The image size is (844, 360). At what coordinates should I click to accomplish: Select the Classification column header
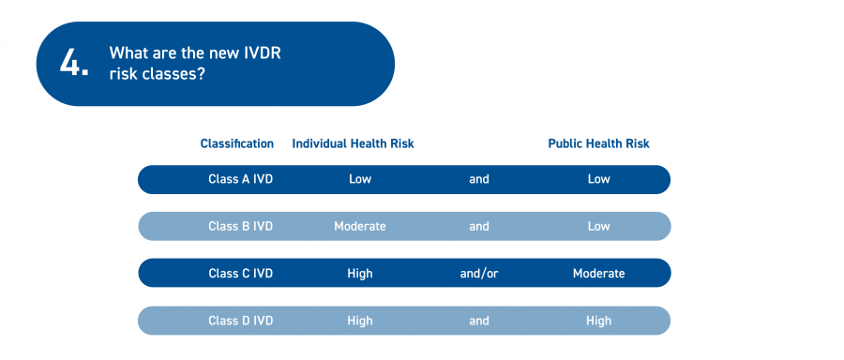[x=237, y=143]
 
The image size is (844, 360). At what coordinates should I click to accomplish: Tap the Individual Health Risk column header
[x=354, y=143]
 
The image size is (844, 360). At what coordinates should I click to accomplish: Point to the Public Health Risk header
[x=598, y=143]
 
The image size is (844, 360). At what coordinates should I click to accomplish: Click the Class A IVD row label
[x=241, y=179]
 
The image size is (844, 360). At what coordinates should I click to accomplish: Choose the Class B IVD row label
[x=241, y=226]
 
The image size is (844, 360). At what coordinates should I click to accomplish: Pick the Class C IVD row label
[x=241, y=274]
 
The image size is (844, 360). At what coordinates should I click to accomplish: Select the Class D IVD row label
[x=241, y=321]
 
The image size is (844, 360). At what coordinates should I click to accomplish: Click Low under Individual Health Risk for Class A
[x=359, y=179]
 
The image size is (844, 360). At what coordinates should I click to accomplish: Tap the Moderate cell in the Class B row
[x=359, y=226]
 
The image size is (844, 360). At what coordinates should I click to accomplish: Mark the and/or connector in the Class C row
[x=479, y=274]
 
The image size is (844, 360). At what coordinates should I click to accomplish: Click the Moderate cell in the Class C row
[x=598, y=274]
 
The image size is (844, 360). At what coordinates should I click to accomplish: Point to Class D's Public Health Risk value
[x=598, y=321]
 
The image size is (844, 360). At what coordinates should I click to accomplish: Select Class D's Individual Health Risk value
[x=359, y=321]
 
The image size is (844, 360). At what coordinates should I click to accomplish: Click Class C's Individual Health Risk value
[x=359, y=274]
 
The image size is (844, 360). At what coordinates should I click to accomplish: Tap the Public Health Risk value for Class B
[x=598, y=226]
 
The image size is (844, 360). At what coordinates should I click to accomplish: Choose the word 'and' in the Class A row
[x=479, y=179]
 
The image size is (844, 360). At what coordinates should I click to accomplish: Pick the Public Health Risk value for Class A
[x=598, y=179]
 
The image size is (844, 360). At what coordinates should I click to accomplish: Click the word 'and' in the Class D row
[x=479, y=321]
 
